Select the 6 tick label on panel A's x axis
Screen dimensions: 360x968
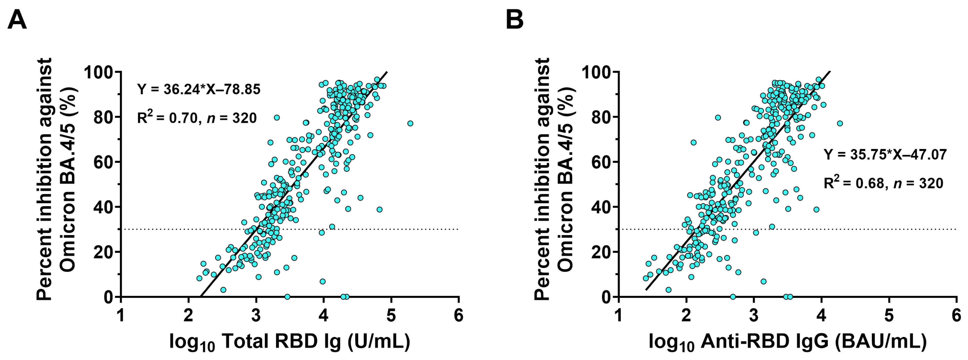point(459,316)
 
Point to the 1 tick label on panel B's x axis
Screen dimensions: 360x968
point(619,316)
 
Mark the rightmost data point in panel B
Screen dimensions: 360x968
point(840,123)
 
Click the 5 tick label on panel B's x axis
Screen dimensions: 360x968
point(889,316)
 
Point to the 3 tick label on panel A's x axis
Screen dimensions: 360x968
point(256,316)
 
